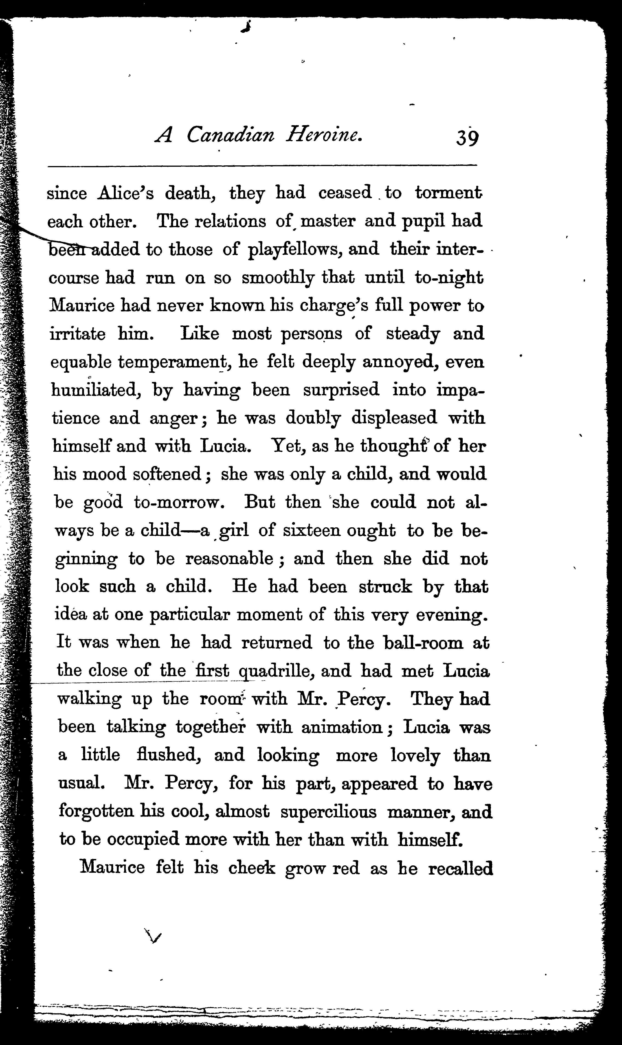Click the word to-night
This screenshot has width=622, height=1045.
[x=449, y=278]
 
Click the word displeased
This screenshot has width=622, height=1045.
[x=394, y=418]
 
